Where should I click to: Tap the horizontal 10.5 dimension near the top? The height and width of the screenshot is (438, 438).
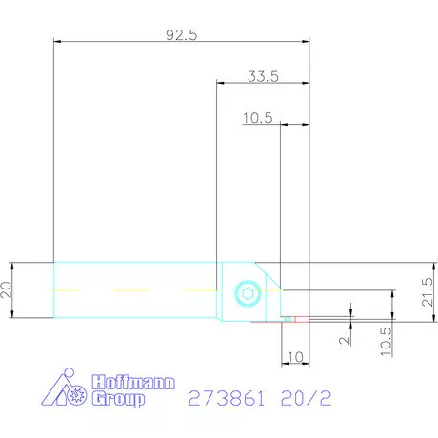coord(258,118)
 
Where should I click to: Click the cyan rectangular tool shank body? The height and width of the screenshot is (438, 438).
coord(133,276)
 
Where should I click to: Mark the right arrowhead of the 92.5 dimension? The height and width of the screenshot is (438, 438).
coord(307,42)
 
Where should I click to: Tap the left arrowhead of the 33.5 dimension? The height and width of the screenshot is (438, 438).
coord(221,84)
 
